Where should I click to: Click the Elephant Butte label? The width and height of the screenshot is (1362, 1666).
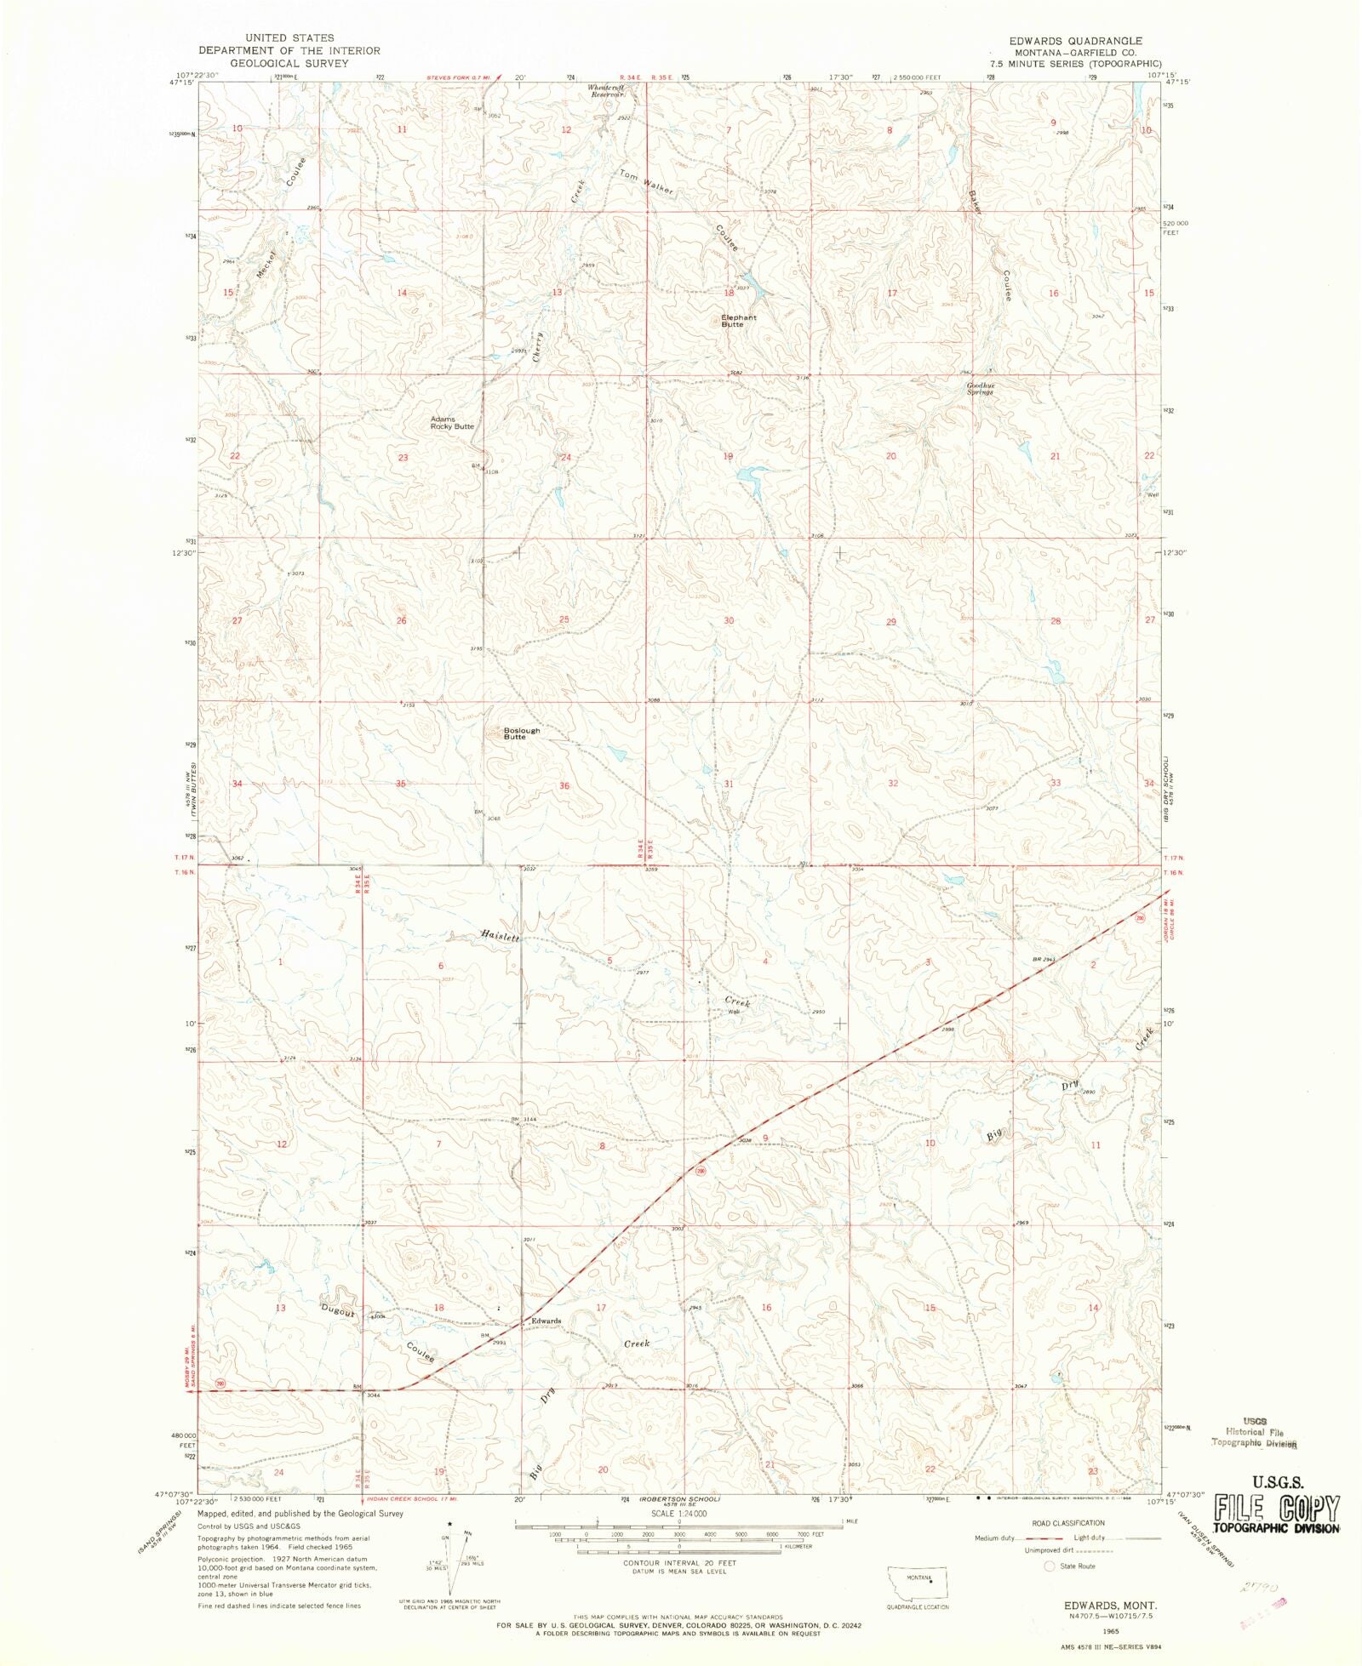[738, 321]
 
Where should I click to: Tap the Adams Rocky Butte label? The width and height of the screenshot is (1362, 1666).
[451, 423]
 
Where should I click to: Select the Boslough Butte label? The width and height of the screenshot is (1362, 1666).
[521, 733]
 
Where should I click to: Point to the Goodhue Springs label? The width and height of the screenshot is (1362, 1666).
[980, 389]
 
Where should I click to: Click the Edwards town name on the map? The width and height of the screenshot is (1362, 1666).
[546, 1321]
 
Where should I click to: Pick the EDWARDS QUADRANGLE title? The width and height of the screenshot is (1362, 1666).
[1075, 41]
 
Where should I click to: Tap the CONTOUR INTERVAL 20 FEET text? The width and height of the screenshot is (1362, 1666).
[678, 1563]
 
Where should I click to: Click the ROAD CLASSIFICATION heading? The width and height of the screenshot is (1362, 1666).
[1067, 1523]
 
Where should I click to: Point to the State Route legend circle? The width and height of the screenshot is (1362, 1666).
[1049, 1566]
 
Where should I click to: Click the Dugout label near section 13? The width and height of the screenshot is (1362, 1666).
[338, 1311]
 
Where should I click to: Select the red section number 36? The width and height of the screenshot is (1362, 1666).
[564, 786]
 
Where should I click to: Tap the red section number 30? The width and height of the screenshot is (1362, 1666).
[728, 621]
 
